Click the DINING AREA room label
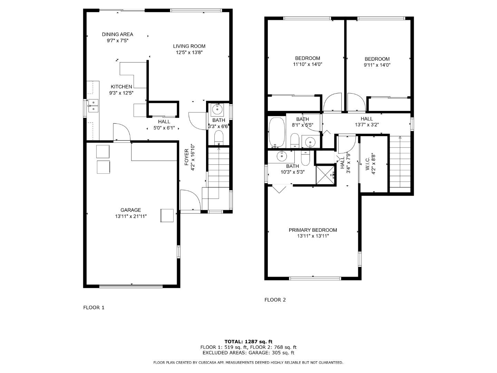click(117, 35)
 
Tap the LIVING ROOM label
click(189, 46)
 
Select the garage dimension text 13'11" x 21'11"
click(131, 216)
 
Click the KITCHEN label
click(121, 87)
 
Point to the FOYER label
click(187, 157)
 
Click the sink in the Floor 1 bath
click(218, 109)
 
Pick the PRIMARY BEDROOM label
click(313, 230)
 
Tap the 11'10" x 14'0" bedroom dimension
click(308, 64)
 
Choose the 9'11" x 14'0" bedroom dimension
click(377, 65)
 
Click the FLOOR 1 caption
click(94, 307)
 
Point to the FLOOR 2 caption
click(275, 300)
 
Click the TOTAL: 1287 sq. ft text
click(248, 342)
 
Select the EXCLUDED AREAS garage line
click(248, 353)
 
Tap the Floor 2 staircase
click(400, 162)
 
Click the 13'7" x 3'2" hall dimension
click(367, 125)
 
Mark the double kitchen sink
click(93, 105)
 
